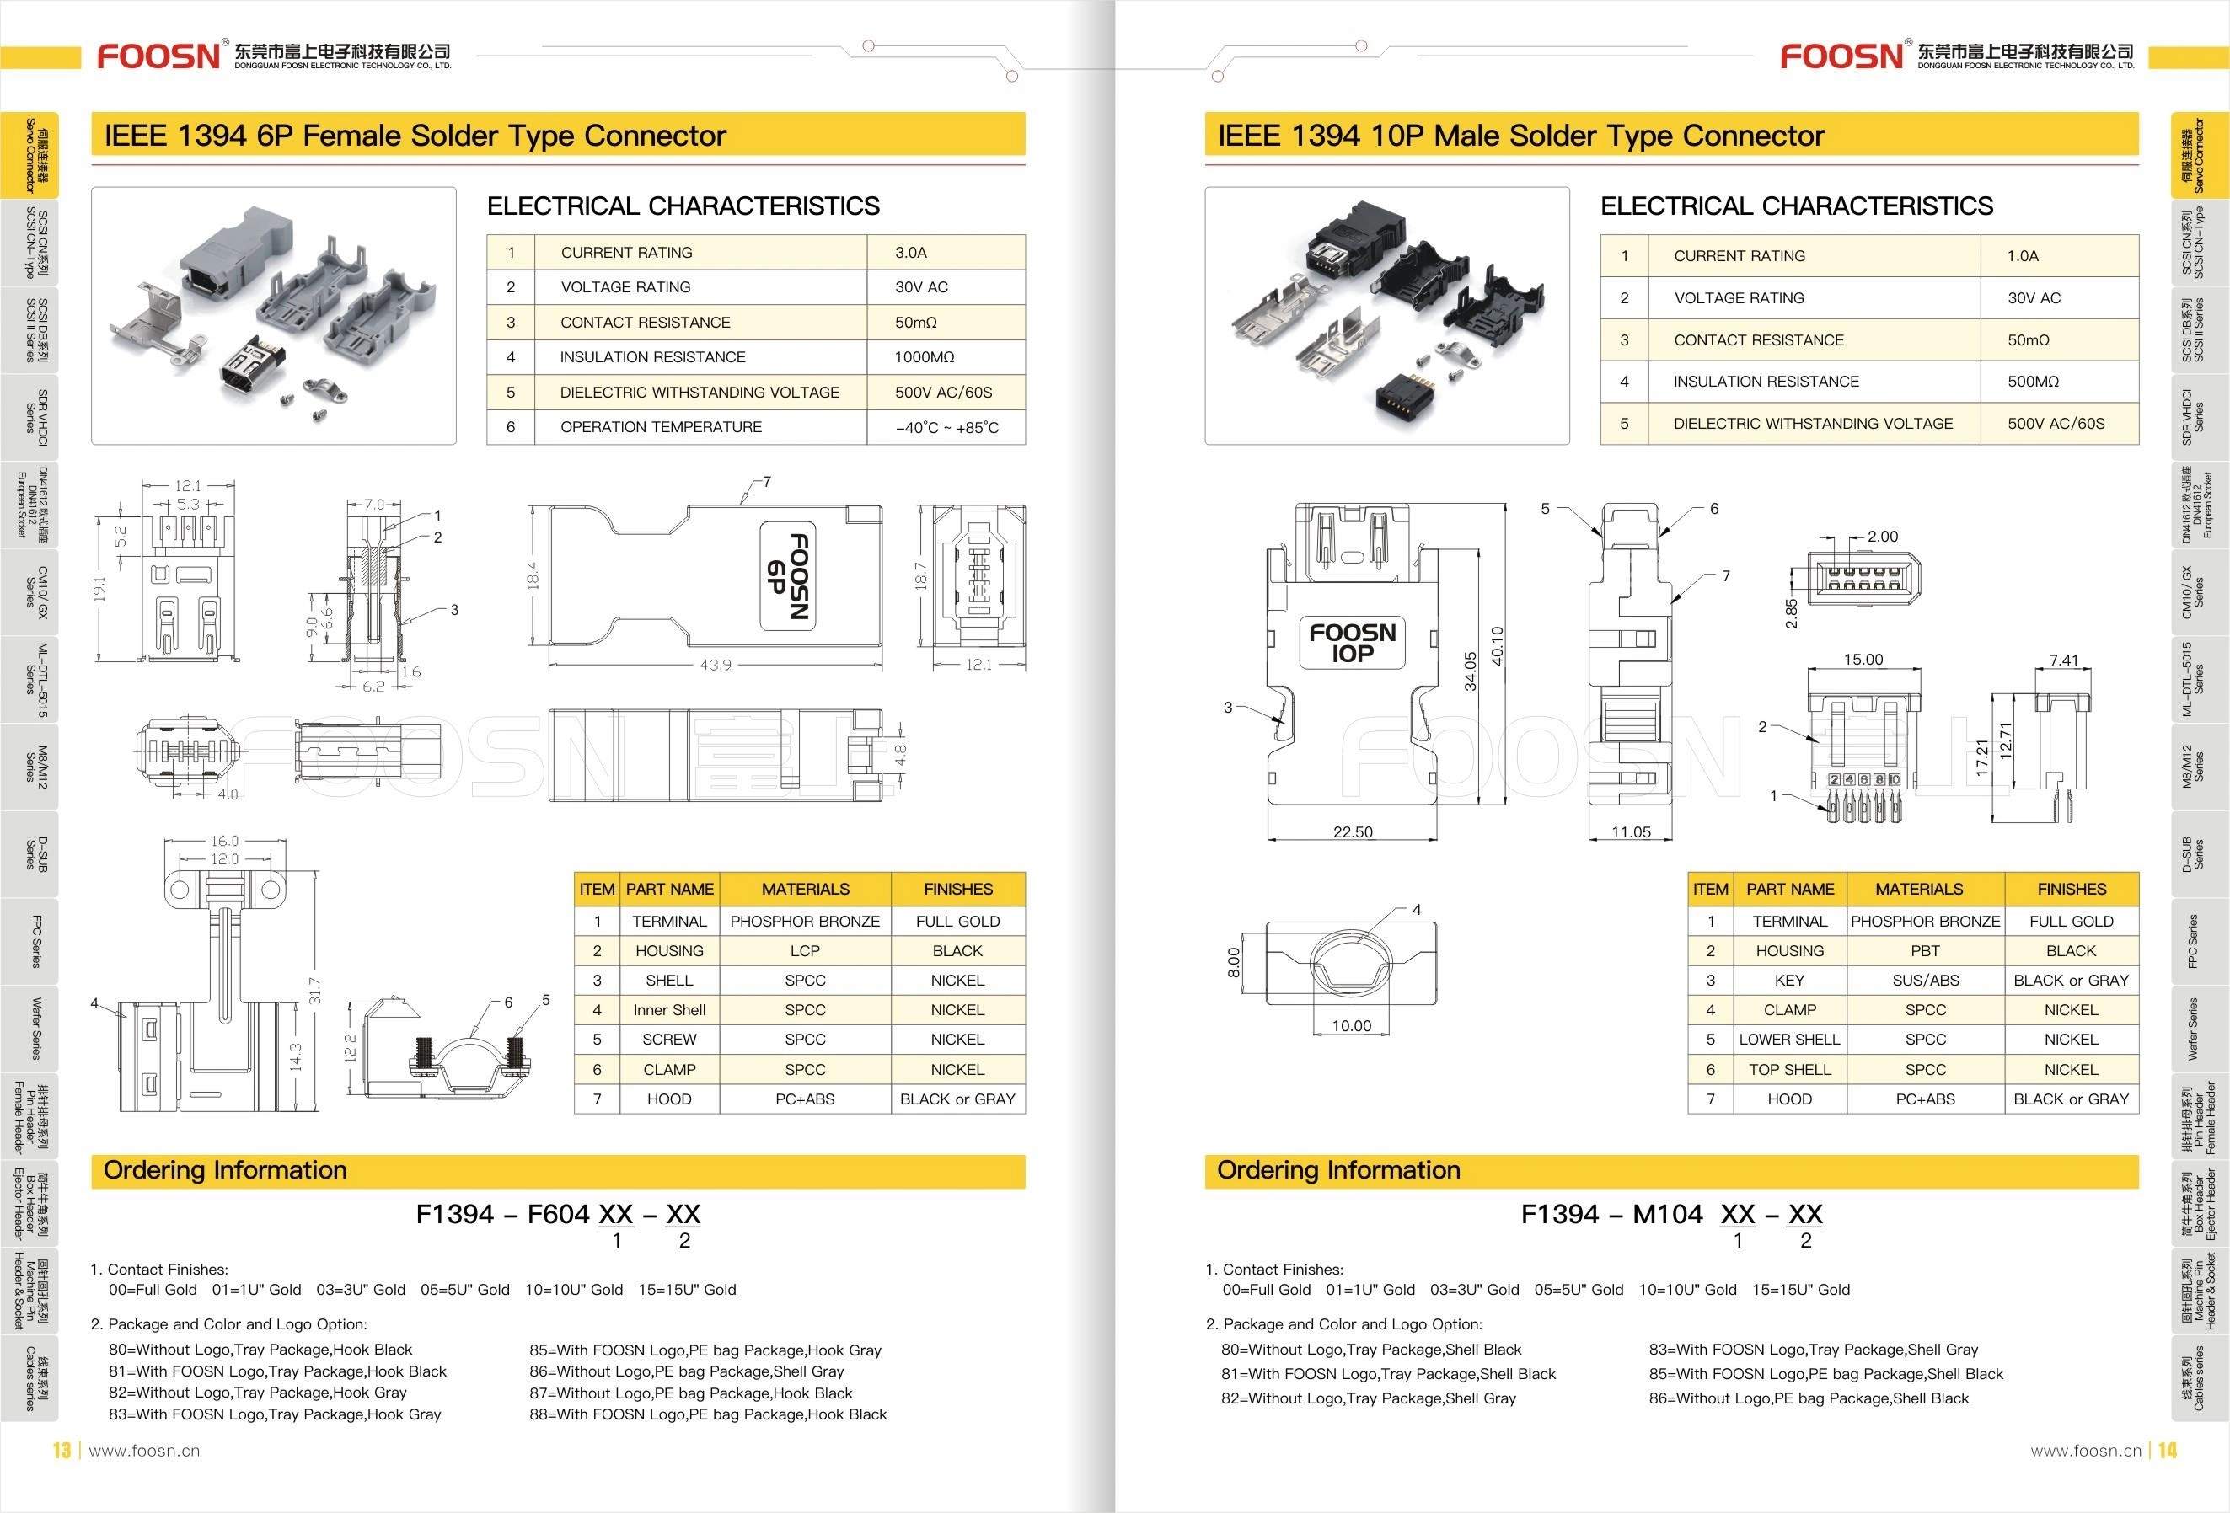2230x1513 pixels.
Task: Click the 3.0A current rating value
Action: tap(910, 253)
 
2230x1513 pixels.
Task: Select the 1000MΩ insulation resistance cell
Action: tap(924, 357)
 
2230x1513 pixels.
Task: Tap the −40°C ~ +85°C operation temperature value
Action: tap(946, 428)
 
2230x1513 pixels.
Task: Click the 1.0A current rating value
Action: tap(2023, 256)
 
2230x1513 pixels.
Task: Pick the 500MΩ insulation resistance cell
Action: tap(2034, 382)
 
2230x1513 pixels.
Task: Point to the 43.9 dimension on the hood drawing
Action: tap(715, 665)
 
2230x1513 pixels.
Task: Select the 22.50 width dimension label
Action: tap(1352, 831)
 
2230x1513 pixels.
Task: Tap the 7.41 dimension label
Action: tap(2063, 660)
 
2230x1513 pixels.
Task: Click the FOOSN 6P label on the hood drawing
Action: tap(788, 576)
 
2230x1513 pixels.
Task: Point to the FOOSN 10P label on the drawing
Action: tap(1352, 643)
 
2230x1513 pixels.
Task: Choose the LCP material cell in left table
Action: tap(804, 951)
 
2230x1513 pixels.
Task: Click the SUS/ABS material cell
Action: tap(1925, 981)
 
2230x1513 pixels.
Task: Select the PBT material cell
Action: tap(1925, 951)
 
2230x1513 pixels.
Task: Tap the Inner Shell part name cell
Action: tap(669, 1010)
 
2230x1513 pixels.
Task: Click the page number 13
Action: tap(62, 1451)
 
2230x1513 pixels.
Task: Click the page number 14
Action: tap(2168, 1451)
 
